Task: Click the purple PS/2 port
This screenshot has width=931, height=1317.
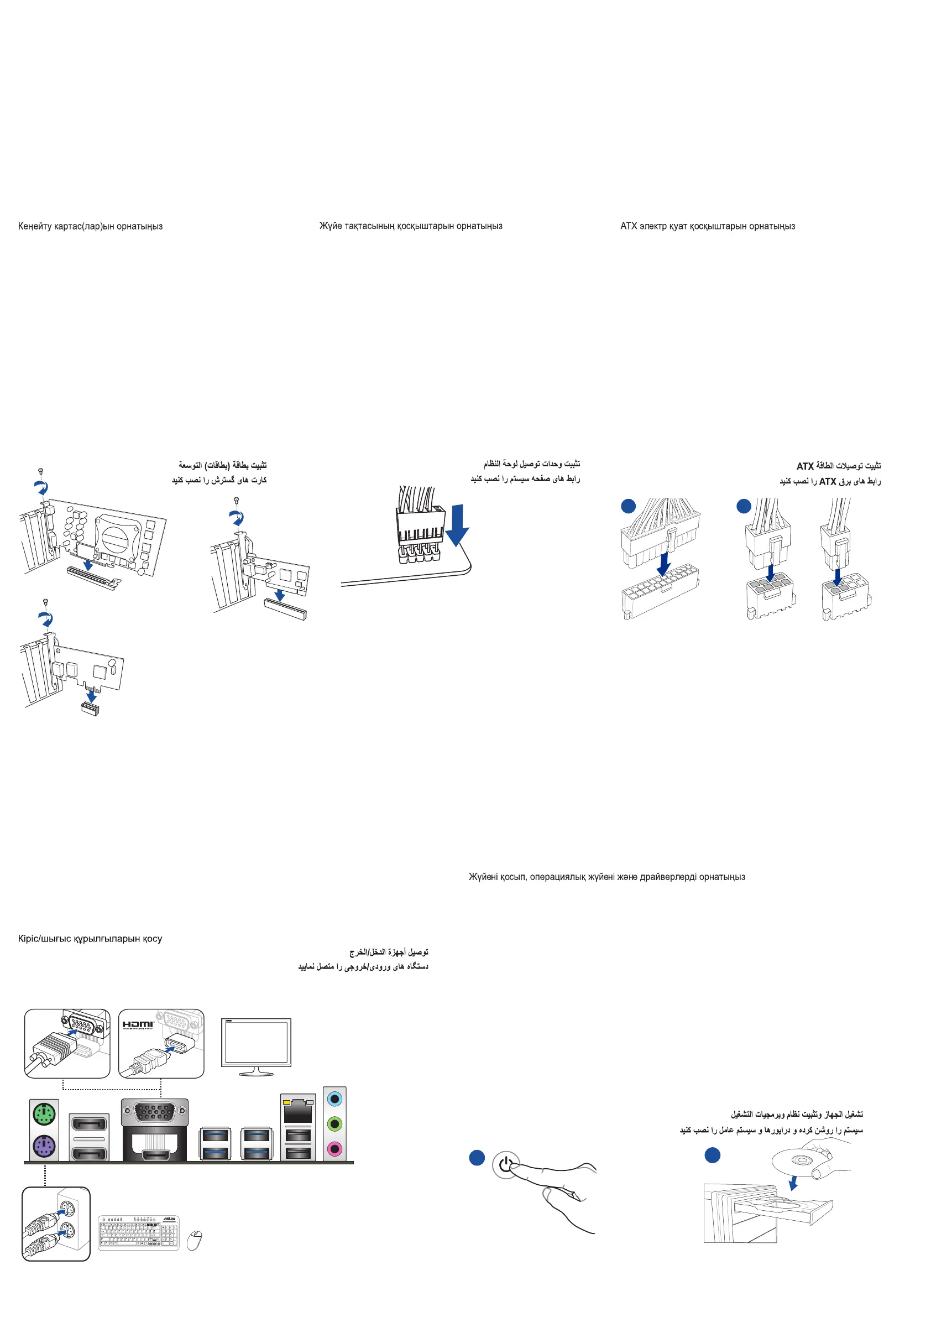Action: coord(44,1148)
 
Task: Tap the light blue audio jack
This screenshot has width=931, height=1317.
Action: coord(334,1099)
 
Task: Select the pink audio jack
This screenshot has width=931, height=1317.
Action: coord(334,1148)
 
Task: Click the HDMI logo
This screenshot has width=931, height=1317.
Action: coord(138,1024)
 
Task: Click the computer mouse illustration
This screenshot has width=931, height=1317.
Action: coord(195,1240)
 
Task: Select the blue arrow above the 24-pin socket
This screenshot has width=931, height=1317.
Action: coord(663,563)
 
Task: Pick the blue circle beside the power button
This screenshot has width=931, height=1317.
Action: coord(477,1158)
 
